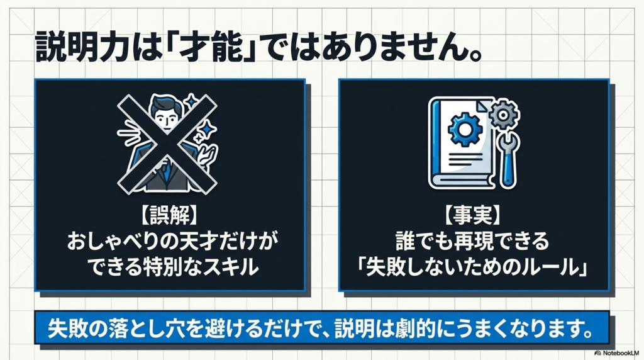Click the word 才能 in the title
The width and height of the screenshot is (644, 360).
(x=214, y=48)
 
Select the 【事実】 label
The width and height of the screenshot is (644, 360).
(x=473, y=215)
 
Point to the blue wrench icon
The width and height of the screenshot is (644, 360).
(x=508, y=159)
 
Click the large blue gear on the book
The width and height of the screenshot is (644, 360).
(x=465, y=130)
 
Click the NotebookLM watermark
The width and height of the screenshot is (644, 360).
(x=616, y=353)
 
